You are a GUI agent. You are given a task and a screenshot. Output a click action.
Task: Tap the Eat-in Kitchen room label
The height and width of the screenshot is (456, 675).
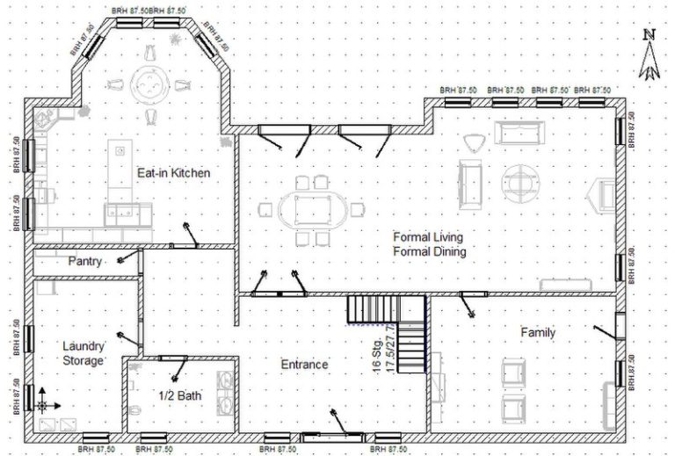click(173, 173)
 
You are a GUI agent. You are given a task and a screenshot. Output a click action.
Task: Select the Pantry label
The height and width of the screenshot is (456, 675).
click(85, 262)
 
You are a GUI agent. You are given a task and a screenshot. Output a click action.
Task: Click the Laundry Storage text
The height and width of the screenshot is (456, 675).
click(83, 353)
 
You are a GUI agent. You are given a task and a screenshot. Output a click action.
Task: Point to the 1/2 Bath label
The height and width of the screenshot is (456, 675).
click(179, 395)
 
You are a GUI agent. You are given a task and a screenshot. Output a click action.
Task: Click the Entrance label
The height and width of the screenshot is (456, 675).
click(304, 364)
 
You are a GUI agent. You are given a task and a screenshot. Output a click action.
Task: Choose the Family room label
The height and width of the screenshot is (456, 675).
click(538, 332)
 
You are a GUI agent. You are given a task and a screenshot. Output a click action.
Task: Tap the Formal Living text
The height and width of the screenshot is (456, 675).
click(428, 237)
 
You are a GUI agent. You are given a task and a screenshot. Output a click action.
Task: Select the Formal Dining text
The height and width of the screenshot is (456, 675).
click(429, 252)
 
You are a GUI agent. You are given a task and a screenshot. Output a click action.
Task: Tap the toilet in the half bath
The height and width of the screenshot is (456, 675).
click(135, 413)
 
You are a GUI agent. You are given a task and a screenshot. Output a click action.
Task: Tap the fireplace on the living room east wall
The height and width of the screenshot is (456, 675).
click(605, 192)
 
